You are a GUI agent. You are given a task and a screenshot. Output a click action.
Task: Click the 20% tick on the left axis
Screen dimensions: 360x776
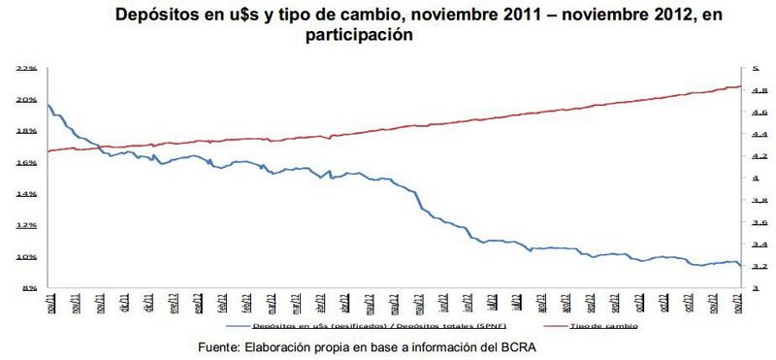26,100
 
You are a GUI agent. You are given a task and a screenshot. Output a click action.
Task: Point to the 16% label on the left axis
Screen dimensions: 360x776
26,163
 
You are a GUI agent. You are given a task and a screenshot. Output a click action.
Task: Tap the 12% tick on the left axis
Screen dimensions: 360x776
26,225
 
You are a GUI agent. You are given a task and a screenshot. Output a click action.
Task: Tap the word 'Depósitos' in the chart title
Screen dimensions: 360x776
159,15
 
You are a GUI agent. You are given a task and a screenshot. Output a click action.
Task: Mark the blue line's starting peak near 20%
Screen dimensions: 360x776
48,105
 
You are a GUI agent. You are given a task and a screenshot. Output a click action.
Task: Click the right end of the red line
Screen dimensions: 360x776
741,86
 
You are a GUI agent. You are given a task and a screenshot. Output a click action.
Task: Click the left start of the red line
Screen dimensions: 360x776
47,151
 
